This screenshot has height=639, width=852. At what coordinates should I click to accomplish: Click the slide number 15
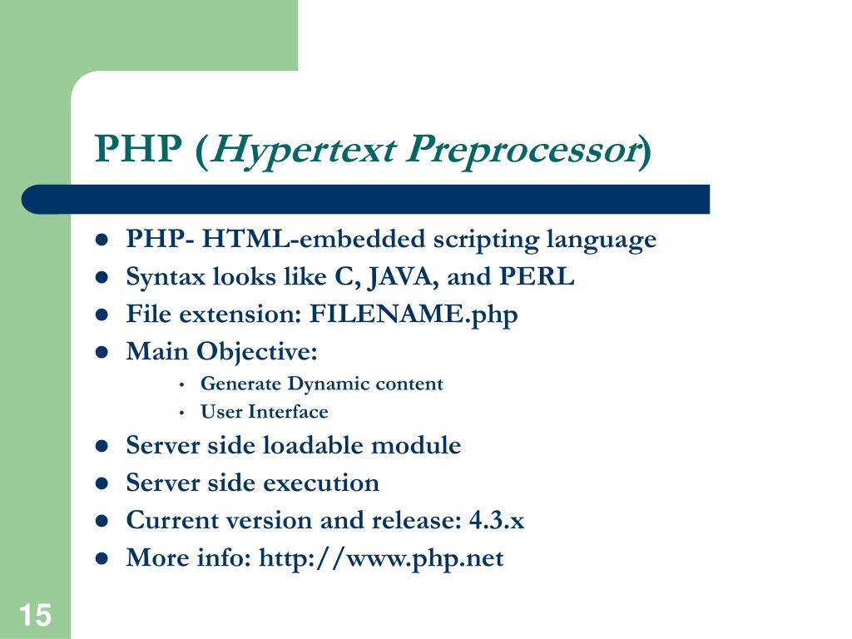point(35,617)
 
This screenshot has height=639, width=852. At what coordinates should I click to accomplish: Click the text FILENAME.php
point(414,315)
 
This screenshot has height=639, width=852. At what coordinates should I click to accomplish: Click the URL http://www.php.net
point(381,558)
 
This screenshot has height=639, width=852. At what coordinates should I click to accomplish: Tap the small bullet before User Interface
point(181,413)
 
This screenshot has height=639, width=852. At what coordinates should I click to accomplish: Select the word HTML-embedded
point(311,240)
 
